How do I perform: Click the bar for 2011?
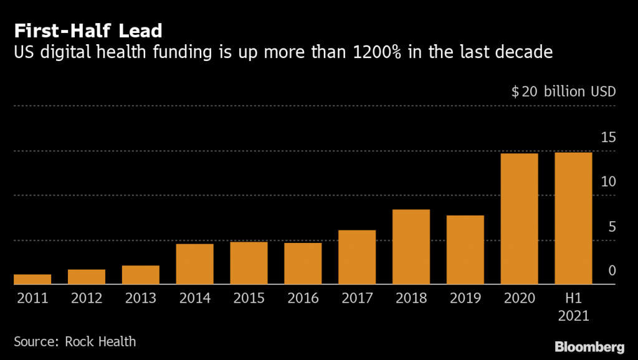pyautogui.click(x=32, y=279)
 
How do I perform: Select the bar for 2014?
pyautogui.click(x=194, y=264)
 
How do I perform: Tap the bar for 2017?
pyautogui.click(x=357, y=257)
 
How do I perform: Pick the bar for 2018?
pyautogui.click(x=411, y=247)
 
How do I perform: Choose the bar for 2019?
pyautogui.click(x=465, y=250)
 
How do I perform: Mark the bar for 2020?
pyautogui.click(x=519, y=219)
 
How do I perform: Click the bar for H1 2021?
pyautogui.click(x=573, y=218)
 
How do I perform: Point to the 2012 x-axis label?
pyautogui.click(x=87, y=298)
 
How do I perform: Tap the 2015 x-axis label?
pyautogui.click(x=249, y=298)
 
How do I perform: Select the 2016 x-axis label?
pyautogui.click(x=303, y=298)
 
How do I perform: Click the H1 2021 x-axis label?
pyautogui.click(x=573, y=307)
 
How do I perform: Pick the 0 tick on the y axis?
pyautogui.click(x=612, y=271)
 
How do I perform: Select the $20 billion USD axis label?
pyautogui.click(x=563, y=92)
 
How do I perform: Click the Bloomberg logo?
pyautogui.click(x=589, y=346)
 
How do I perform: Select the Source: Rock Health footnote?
pyautogui.click(x=75, y=341)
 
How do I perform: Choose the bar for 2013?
pyautogui.click(x=141, y=275)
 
